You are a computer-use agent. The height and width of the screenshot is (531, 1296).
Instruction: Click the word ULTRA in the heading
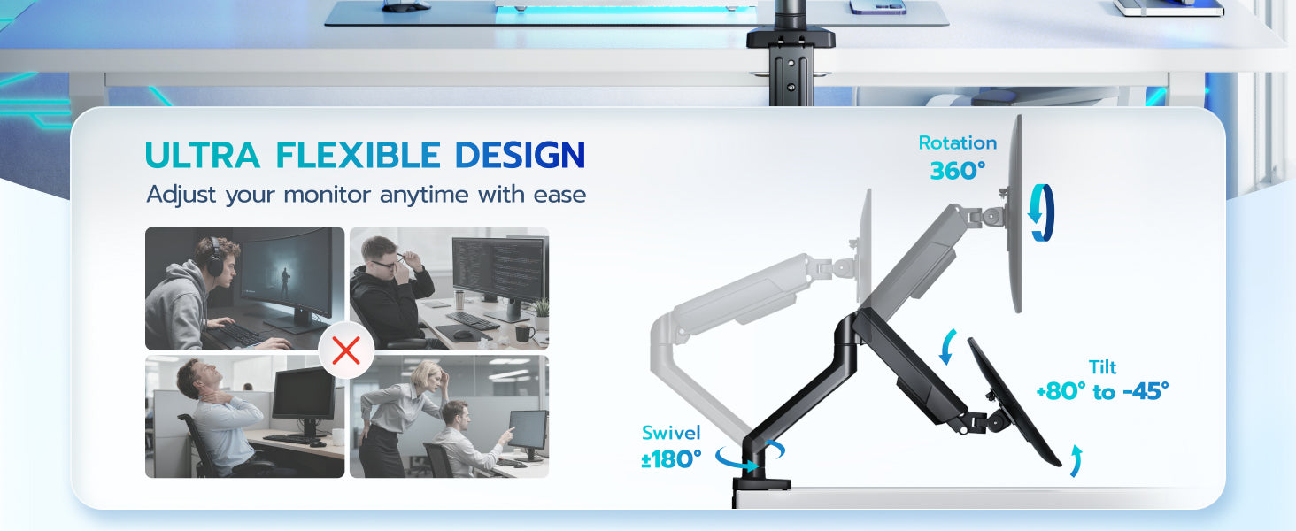click(x=203, y=155)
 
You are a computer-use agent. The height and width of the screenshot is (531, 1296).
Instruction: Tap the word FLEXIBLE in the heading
click(x=358, y=155)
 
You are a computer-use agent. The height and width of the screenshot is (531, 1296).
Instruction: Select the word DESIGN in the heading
click(x=521, y=155)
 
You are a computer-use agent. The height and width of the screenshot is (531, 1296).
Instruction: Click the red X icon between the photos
click(x=346, y=350)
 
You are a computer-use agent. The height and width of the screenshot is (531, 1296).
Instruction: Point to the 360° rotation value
click(x=958, y=171)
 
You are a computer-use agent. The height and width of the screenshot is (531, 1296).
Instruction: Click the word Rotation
click(x=958, y=142)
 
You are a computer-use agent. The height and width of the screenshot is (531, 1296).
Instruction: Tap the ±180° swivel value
click(x=671, y=460)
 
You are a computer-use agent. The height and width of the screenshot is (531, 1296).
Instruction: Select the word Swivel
click(x=671, y=433)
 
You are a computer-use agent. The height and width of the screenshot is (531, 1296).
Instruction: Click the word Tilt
click(x=1102, y=367)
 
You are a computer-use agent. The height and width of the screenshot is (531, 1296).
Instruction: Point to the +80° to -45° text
click(x=1102, y=391)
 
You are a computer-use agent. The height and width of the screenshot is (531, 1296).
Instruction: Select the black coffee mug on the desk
click(x=524, y=333)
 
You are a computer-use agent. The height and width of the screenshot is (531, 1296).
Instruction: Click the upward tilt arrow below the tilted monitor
click(x=1076, y=461)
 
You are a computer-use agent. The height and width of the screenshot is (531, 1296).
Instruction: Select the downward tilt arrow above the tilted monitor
click(x=948, y=346)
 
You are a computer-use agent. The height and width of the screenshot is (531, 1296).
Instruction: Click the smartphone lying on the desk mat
click(x=877, y=6)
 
